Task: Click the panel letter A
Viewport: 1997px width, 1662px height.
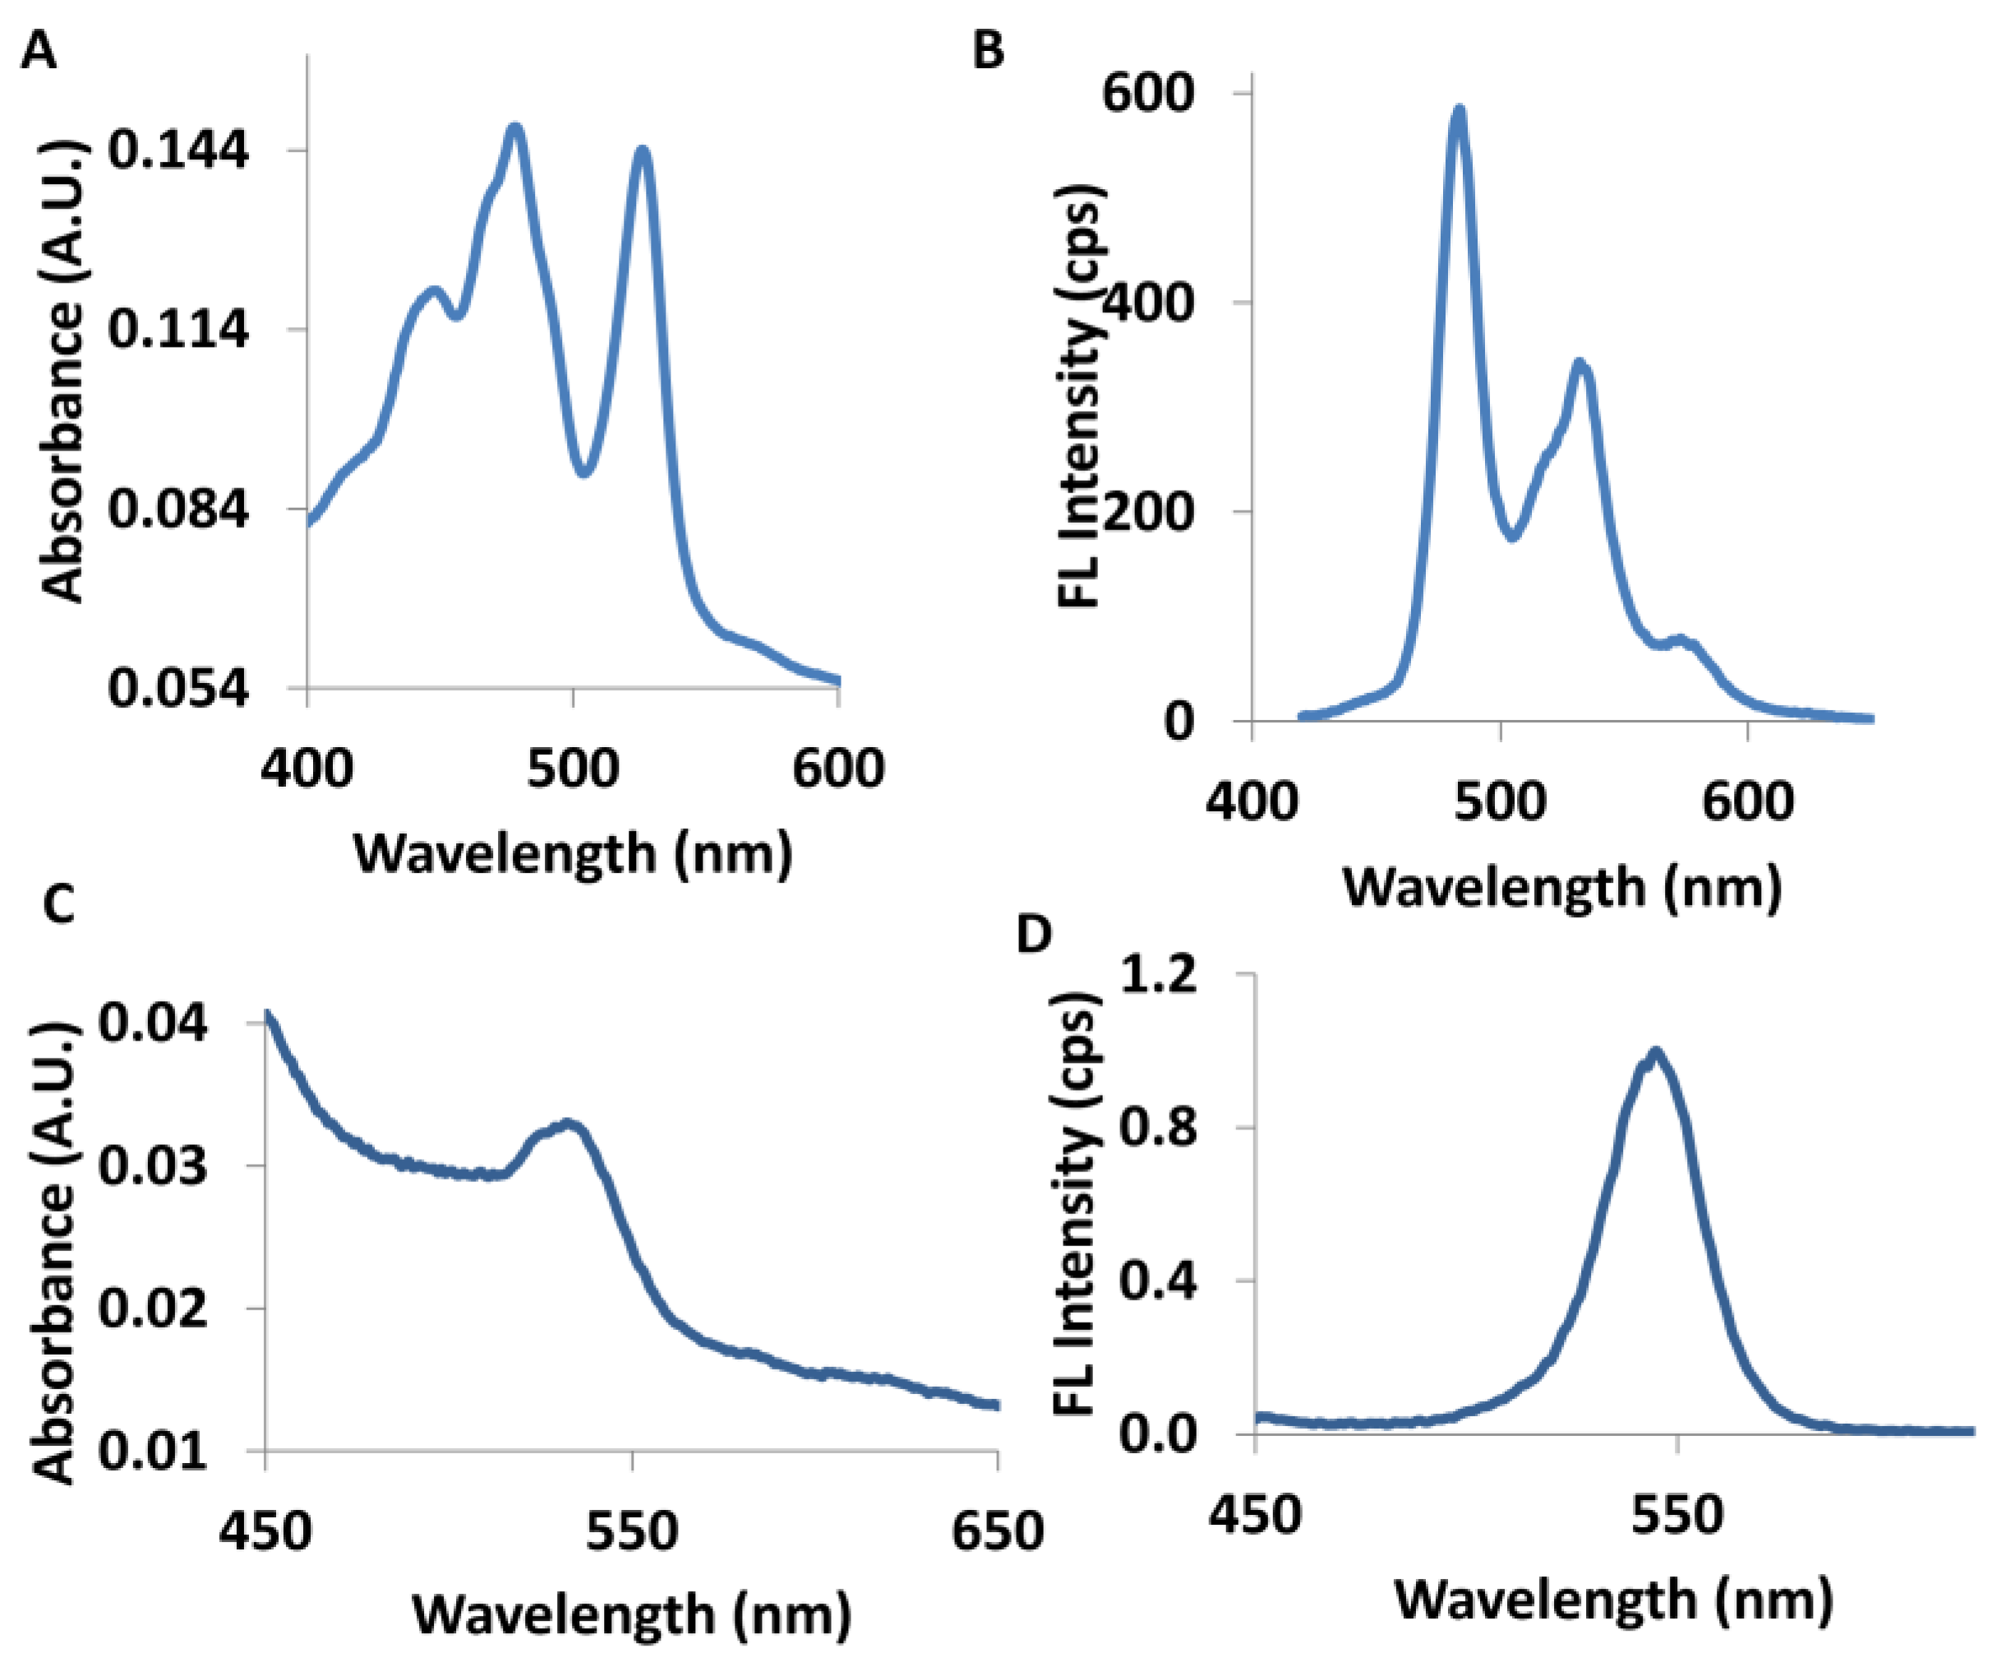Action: coord(38,50)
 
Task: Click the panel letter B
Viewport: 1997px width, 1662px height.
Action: coord(988,50)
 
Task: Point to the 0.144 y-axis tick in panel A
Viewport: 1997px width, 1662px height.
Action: coord(178,150)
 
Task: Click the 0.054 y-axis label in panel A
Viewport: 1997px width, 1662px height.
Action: coord(178,687)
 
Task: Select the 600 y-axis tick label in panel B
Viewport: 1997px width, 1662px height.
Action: coord(1147,93)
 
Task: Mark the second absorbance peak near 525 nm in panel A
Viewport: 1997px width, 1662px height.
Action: coord(643,150)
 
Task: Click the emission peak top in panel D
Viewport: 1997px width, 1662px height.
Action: coord(1656,1053)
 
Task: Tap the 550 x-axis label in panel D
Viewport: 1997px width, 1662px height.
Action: coord(1677,1515)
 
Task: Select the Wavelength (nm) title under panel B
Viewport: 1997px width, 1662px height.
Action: coord(1561,888)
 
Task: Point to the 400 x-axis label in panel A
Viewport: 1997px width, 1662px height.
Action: coord(307,769)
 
